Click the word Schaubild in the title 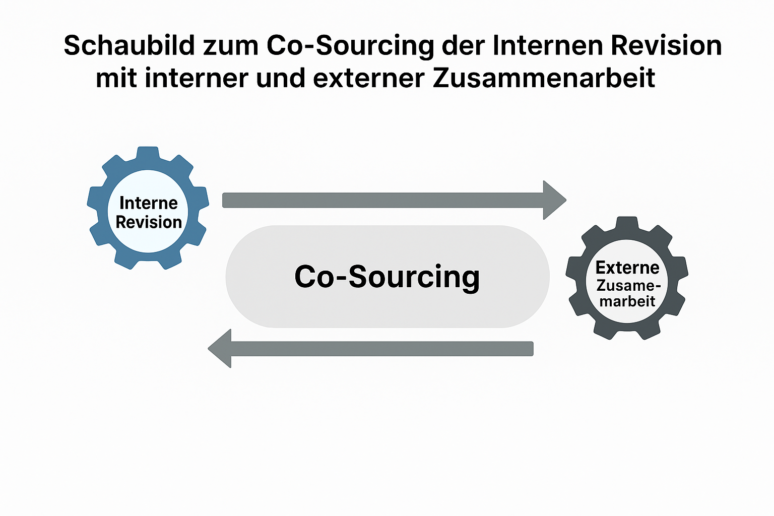coord(130,45)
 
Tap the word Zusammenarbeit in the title coord(544,78)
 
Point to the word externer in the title coord(369,78)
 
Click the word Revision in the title coord(667,45)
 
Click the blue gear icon coord(148,208)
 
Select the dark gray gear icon coord(627,278)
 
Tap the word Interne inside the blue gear coord(149,203)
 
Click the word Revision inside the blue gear coord(149,222)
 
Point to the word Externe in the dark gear coord(627,268)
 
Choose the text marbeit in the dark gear coord(627,301)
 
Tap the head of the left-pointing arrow coord(220,348)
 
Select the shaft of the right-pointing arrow coord(383,200)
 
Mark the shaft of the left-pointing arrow coord(382,349)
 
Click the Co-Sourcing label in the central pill coord(387,277)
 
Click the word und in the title coord(281,78)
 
